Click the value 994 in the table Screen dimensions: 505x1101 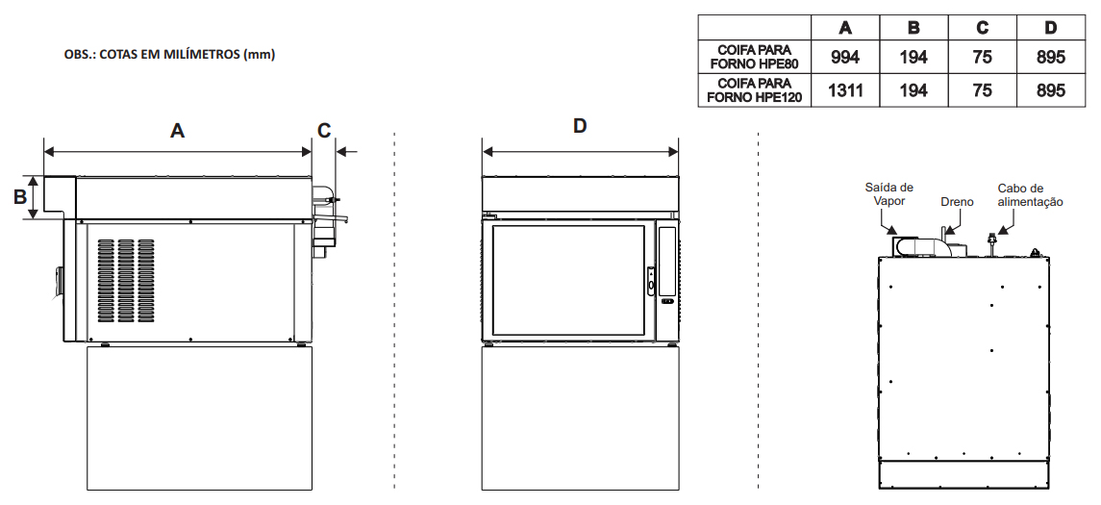tap(845, 58)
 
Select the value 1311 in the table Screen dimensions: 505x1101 tap(845, 90)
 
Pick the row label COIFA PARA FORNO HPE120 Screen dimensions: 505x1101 tap(754, 90)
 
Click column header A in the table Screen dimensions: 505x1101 tap(845, 28)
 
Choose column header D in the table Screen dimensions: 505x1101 tap(1051, 28)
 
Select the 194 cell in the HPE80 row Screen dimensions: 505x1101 tap(913, 58)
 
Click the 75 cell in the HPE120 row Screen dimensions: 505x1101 tap(982, 90)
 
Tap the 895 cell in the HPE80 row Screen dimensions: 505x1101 tap(1051, 58)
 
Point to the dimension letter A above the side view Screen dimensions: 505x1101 tap(177, 131)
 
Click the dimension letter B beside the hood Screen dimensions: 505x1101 tap(18, 198)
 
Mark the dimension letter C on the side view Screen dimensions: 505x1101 tap(324, 131)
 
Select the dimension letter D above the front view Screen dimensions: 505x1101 tap(580, 126)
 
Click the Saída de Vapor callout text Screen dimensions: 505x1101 tap(888, 194)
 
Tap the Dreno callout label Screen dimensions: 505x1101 tap(957, 202)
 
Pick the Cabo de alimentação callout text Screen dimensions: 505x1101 tap(1030, 195)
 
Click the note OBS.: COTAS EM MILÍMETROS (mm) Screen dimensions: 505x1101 tap(169, 55)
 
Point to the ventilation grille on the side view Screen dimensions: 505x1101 tap(125, 279)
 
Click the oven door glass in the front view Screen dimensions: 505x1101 tap(568, 279)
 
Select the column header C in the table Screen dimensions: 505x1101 tap(982, 28)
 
